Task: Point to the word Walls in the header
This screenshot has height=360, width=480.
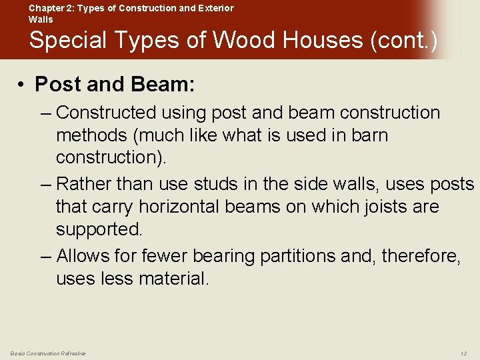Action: click(x=40, y=19)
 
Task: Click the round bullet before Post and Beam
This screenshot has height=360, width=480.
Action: click(x=22, y=85)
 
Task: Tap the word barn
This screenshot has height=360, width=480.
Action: click(x=369, y=135)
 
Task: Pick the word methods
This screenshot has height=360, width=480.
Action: click(x=92, y=135)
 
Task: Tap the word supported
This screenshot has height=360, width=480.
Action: click(x=99, y=229)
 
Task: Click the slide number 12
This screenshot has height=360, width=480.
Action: click(x=463, y=353)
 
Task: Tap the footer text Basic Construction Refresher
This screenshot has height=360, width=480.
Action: click(x=48, y=353)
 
